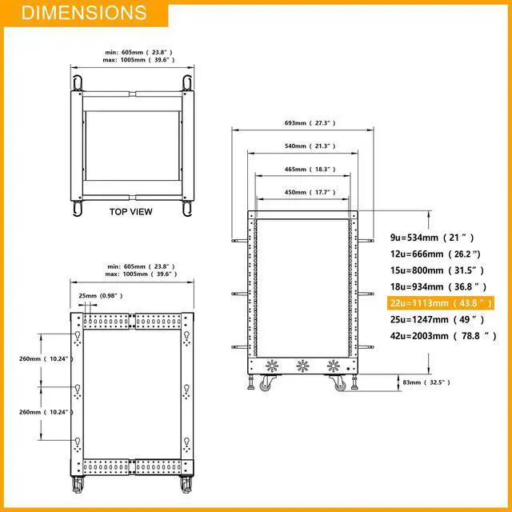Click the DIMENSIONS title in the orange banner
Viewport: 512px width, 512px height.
(84, 13)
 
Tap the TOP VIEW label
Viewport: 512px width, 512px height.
(131, 211)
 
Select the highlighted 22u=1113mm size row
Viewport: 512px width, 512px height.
(441, 303)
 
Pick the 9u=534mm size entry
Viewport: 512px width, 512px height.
(432, 238)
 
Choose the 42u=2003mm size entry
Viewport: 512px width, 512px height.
(443, 336)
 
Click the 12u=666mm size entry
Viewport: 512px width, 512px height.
(435, 254)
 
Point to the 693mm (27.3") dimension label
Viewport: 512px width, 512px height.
(310, 123)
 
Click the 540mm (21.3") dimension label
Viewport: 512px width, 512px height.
(310, 146)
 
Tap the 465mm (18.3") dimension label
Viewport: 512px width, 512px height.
(310, 169)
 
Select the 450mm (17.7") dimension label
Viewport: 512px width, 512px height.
(310, 192)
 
